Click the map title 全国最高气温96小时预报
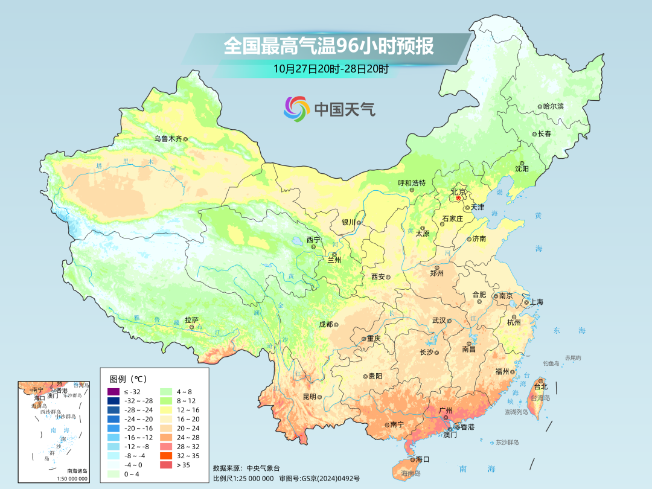[x=328, y=46]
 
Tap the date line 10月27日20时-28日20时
[x=331, y=68]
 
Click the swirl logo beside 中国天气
[x=296, y=109]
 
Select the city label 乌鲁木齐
[x=167, y=138]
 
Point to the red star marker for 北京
[x=458, y=198]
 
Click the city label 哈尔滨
[x=553, y=106]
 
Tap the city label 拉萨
[x=191, y=320]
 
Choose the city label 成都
[x=325, y=324]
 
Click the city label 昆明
[x=309, y=397]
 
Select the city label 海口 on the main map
[x=423, y=459]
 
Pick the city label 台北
[x=540, y=386]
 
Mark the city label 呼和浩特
[x=412, y=183]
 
